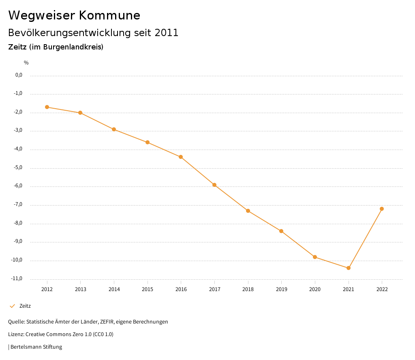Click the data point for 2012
point(47,107)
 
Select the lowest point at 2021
point(349,268)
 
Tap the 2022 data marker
point(382,209)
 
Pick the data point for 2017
point(214,185)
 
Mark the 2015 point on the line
point(148,142)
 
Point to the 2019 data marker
point(281,231)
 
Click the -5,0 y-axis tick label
point(19,167)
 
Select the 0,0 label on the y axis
point(19,75)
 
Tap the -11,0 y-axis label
point(18,279)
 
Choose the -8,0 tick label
point(19,223)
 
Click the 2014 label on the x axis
point(114,289)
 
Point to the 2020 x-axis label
point(315,289)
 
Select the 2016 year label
point(181,289)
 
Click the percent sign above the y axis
point(26,63)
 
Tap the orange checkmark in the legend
point(12,306)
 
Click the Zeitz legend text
point(25,306)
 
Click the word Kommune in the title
point(110,15)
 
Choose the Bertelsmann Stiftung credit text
point(36,347)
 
